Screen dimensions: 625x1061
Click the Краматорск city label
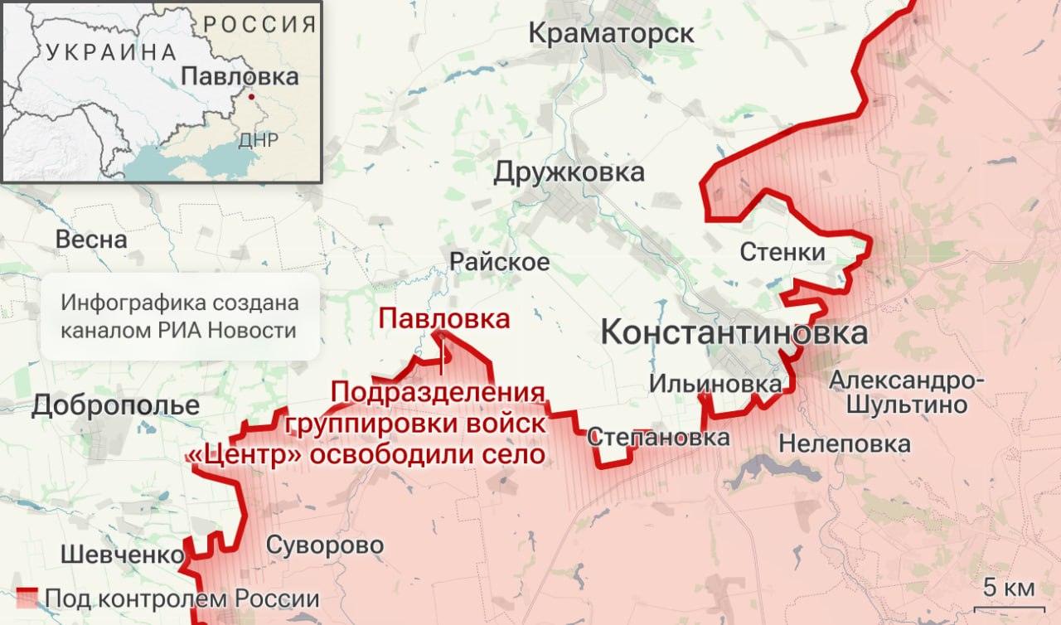611,34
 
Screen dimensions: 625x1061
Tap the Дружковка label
569,172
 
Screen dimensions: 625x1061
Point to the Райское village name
499,262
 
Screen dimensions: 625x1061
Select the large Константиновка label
734,333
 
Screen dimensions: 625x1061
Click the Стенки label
782,251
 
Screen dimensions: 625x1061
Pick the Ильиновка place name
715,384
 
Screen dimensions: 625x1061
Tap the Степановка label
659,437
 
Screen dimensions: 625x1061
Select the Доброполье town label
116,406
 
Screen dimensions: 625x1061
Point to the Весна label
91,240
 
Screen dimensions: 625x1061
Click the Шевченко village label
121,555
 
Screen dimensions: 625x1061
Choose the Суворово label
325,545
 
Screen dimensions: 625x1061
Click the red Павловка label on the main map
443,318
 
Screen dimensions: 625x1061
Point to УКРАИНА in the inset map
112,52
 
